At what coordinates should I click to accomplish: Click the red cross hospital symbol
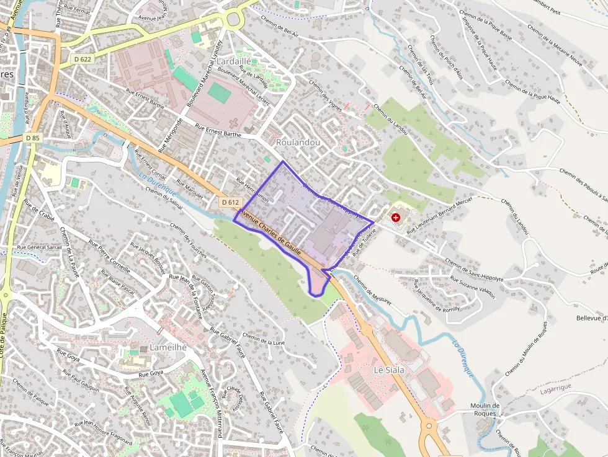[396, 218]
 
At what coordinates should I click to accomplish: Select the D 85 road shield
[33, 137]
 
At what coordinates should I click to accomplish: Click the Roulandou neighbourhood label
[298, 142]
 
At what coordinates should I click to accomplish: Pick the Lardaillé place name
[234, 61]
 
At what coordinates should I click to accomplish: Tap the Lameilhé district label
[168, 347]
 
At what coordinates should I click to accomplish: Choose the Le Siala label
[389, 370]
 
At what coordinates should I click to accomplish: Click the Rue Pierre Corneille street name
[109, 256]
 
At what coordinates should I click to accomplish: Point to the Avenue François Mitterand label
[212, 402]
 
